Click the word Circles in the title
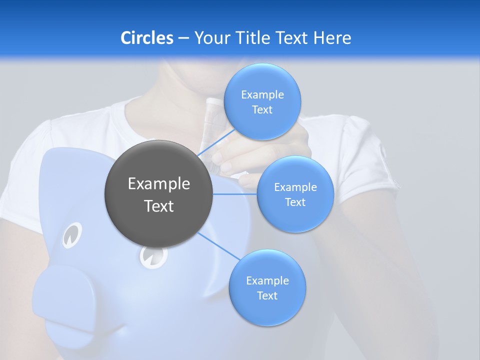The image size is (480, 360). point(146,38)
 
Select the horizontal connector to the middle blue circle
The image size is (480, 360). point(235,194)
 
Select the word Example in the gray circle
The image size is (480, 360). point(159,184)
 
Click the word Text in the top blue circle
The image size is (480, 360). point(262,110)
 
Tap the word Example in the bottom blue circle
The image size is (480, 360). point(267,280)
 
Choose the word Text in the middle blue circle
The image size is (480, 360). point(295,202)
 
